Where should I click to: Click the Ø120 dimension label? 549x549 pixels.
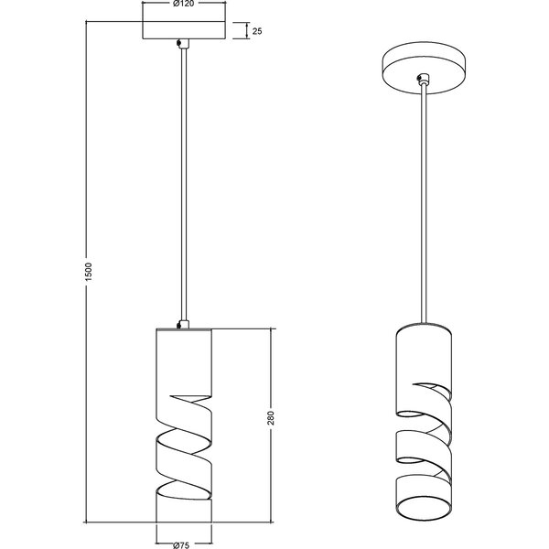[184, 5]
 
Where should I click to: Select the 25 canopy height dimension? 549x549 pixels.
[258, 31]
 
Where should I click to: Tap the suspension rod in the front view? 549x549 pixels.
[184, 183]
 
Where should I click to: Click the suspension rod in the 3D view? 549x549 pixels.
[424, 201]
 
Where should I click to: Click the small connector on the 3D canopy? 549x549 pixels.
[422, 81]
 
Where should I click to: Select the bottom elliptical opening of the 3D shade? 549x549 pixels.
[423, 507]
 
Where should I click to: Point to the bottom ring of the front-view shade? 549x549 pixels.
[184, 512]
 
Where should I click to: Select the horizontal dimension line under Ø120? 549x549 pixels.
[184, 11]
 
